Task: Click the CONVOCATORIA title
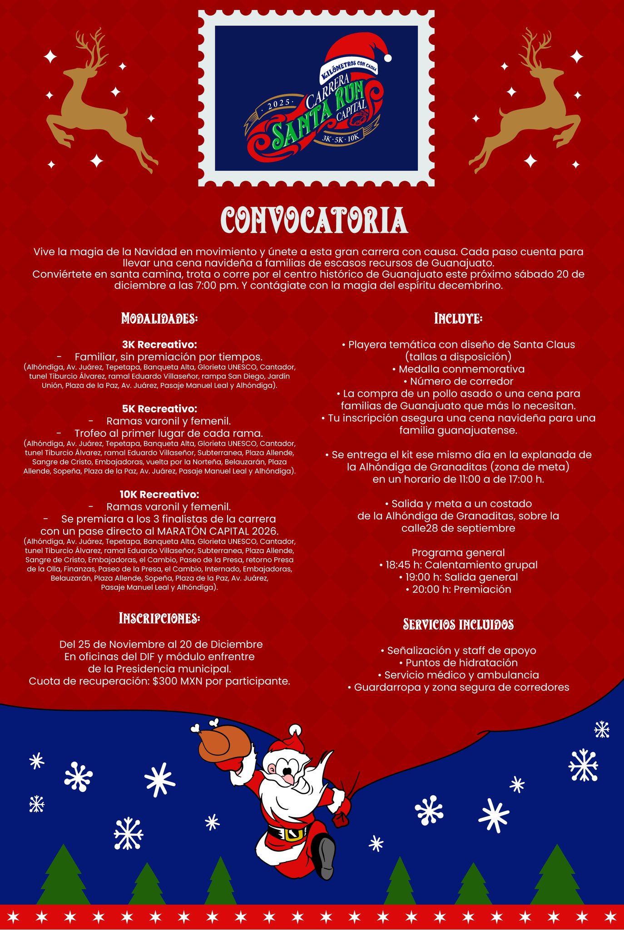[x=314, y=221]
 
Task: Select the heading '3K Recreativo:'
[x=159, y=345]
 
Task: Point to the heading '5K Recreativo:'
[x=159, y=409]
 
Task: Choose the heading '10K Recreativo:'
[x=159, y=494]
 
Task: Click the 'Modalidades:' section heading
[x=159, y=318]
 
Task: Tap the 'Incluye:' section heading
[x=458, y=318]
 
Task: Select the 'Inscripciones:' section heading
[x=159, y=618]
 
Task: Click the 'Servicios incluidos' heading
[x=458, y=624]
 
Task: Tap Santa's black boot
[x=326, y=856]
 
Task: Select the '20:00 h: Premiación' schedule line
[x=458, y=589]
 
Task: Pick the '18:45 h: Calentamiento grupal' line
[x=458, y=565]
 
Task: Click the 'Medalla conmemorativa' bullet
[x=458, y=369]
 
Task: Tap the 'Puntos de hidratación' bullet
[x=458, y=663]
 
